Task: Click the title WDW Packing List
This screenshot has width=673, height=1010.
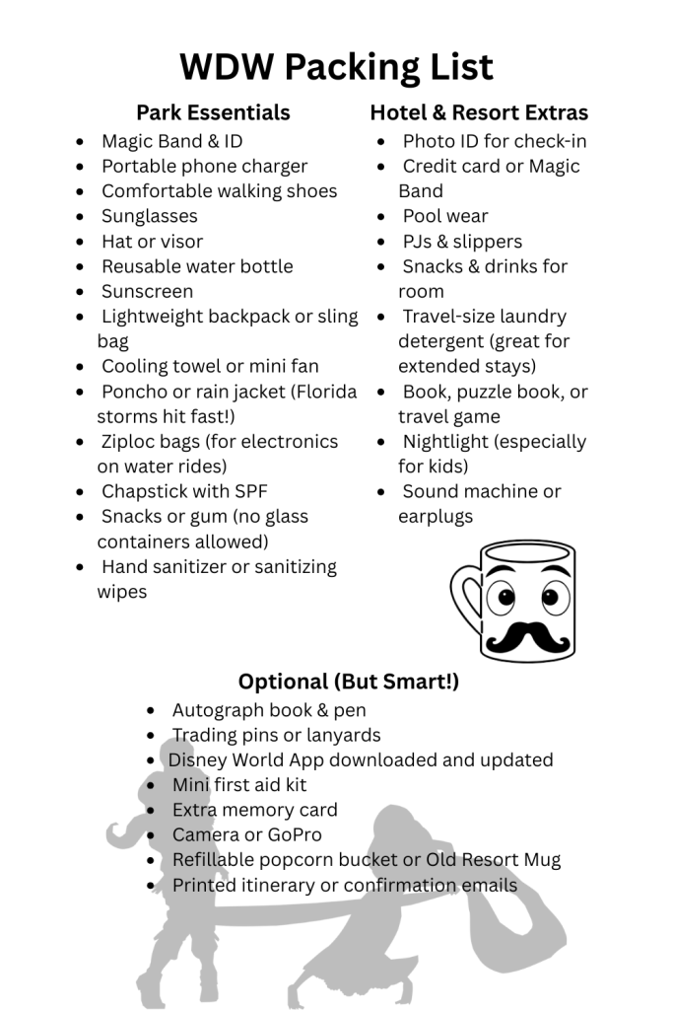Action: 336,67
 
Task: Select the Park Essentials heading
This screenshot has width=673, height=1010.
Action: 213,112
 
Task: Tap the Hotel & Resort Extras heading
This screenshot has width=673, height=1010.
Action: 479,112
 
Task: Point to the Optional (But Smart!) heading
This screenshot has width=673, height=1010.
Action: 349,682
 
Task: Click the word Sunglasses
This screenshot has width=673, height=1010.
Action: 150,216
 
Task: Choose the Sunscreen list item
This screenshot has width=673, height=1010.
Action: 148,291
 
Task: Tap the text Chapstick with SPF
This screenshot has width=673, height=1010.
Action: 184,490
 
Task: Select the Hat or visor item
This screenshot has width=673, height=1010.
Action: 152,241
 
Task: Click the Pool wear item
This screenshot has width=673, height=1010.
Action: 445,216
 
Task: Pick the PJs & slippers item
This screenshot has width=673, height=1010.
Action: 462,241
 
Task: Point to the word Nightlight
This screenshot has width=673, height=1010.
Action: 445,441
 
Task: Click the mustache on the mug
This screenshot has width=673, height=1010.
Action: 527,635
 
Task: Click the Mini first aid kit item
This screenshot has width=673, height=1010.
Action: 239,785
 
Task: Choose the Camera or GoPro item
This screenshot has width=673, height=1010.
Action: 247,834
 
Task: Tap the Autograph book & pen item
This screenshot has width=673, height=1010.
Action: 269,710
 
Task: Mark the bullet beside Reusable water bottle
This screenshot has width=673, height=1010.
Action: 80,267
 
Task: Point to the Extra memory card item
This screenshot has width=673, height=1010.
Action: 255,810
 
